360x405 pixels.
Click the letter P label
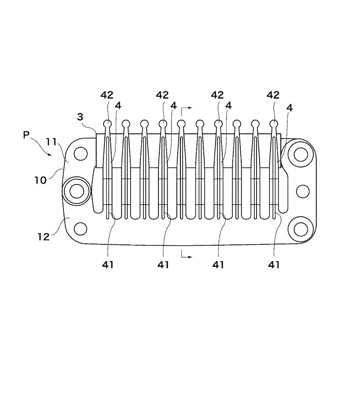[x=26, y=135]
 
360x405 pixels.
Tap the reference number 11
[x=51, y=142]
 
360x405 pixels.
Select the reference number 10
[x=40, y=180]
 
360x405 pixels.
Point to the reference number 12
[x=43, y=237]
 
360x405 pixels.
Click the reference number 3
[x=80, y=117]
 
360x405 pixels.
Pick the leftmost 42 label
[x=107, y=95]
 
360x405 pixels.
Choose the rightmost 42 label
[x=273, y=95]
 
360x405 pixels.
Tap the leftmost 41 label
[x=108, y=265]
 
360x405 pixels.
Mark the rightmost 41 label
[x=274, y=265]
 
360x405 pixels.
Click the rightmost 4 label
[x=289, y=108]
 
